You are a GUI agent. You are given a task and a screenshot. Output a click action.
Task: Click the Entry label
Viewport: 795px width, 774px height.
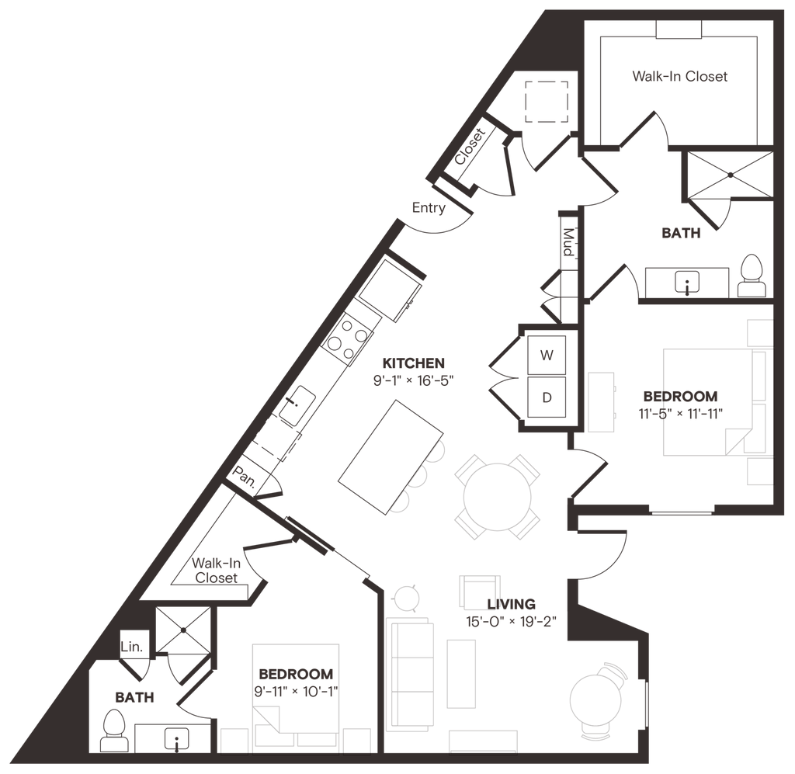click(429, 207)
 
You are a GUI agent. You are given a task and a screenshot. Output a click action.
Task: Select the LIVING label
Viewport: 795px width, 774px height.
click(509, 602)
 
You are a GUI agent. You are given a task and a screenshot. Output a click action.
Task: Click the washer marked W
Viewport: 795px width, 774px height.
click(547, 356)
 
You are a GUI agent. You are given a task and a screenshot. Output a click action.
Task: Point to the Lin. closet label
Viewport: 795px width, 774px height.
click(131, 646)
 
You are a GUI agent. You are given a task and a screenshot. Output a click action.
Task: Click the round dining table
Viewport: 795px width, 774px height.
click(497, 497)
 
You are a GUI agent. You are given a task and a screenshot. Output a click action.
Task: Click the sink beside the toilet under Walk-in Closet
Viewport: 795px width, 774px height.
click(686, 281)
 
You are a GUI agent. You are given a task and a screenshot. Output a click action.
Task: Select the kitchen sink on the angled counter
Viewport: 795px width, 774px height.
click(296, 407)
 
